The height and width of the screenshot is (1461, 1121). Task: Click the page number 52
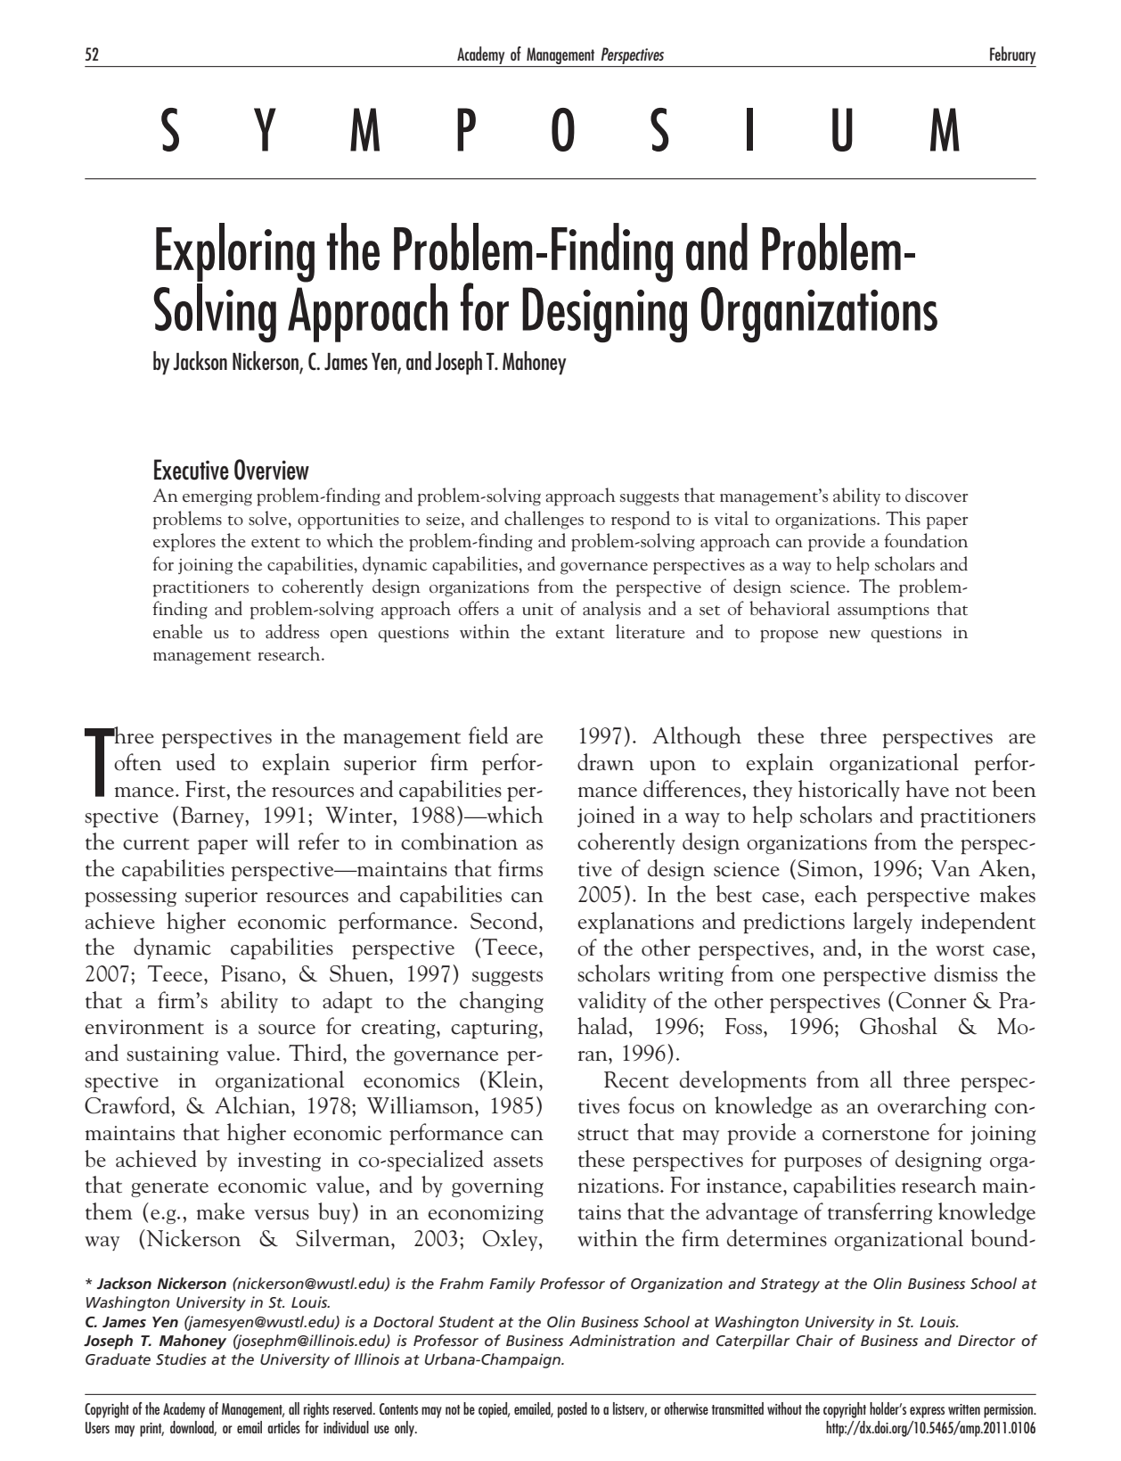(x=91, y=55)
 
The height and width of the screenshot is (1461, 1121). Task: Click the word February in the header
(x=1012, y=55)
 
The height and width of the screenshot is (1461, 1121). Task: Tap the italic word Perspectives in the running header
(x=633, y=55)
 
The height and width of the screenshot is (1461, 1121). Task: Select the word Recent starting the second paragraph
(x=636, y=1081)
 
